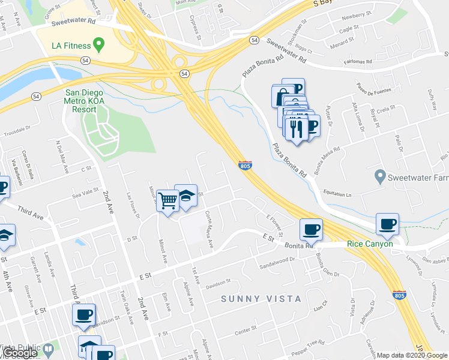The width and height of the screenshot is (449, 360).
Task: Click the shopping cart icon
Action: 169,200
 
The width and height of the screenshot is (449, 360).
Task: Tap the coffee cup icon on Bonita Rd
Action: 311,229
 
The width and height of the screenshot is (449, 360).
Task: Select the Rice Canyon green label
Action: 370,244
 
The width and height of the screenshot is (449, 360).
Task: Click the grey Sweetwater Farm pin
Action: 379,177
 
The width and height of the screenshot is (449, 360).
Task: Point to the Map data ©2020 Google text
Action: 412,355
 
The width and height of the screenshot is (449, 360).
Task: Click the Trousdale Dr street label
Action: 16,130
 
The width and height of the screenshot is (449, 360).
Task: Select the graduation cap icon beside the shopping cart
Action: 186,196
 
